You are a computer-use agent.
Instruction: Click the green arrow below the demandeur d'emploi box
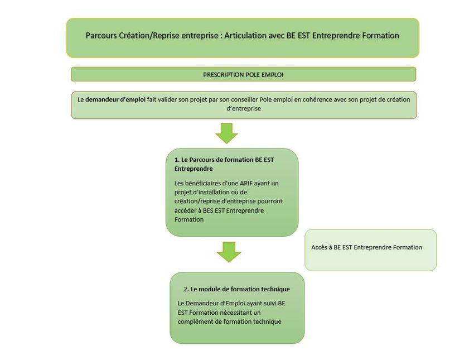point(227,133)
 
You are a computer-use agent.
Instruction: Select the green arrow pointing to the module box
point(229,252)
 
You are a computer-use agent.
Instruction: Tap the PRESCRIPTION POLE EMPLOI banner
point(243,74)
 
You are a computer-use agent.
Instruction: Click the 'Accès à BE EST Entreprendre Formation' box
point(370,249)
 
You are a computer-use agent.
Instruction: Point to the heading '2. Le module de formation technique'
point(236,289)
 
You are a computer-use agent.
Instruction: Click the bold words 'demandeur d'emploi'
point(115,99)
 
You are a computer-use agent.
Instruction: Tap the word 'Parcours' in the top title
point(101,35)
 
